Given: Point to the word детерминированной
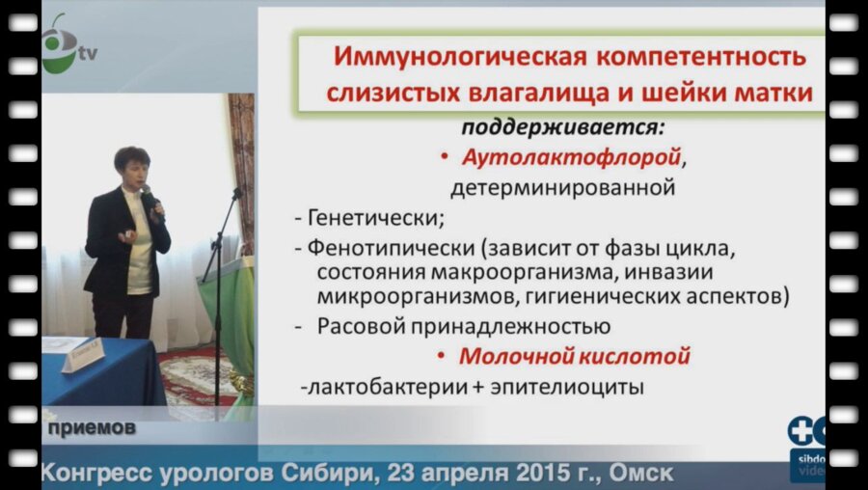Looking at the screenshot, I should click(x=561, y=187).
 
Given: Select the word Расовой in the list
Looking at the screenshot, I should click(x=361, y=326).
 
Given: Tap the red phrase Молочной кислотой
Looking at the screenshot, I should click(x=575, y=356).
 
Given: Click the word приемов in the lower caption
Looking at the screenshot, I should click(x=88, y=426).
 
